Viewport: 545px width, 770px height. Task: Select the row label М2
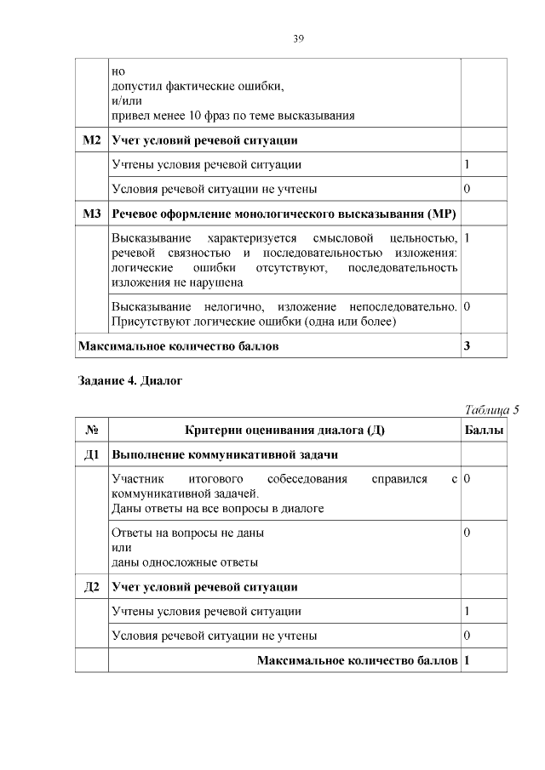(91, 140)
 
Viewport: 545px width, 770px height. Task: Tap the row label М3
(91, 213)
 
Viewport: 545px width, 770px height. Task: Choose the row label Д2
(91, 586)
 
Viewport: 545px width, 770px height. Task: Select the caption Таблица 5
(491, 409)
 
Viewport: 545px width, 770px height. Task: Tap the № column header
(91, 431)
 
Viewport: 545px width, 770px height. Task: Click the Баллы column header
(483, 431)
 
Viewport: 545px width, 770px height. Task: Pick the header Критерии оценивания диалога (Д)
(284, 431)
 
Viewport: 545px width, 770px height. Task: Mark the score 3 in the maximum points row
(468, 346)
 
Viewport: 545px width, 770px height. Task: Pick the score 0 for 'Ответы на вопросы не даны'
(468, 533)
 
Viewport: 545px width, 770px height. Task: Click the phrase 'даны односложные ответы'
(185, 562)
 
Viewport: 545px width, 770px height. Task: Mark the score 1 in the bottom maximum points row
(468, 660)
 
